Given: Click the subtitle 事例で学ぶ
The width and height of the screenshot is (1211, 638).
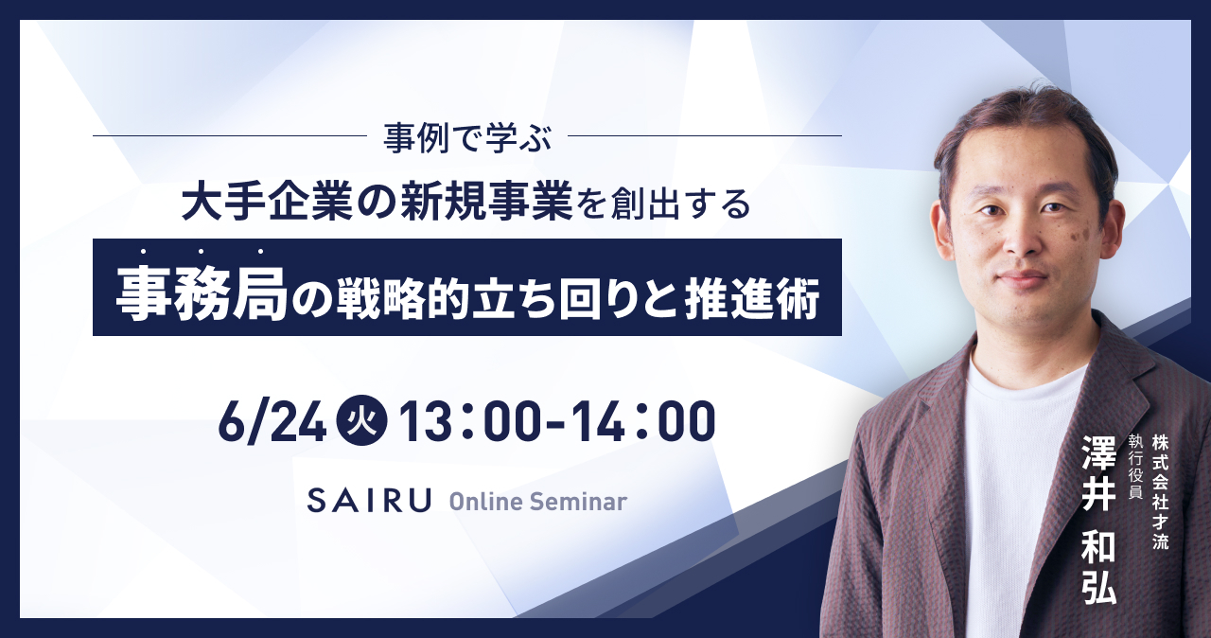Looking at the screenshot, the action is [467, 138].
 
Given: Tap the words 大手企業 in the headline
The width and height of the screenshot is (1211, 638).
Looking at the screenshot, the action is [268, 204].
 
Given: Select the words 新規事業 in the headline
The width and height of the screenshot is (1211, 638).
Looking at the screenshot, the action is [486, 204].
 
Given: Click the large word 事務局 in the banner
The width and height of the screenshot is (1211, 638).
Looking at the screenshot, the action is [202, 294].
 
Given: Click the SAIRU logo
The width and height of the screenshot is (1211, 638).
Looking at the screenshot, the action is [369, 500].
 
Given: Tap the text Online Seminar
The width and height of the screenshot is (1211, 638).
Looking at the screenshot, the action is [538, 501].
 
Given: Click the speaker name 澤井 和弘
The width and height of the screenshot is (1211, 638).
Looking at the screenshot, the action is [1098, 519].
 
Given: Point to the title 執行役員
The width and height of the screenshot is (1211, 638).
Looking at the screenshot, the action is [1134, 466].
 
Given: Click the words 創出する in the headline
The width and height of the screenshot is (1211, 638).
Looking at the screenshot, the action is [680, 206].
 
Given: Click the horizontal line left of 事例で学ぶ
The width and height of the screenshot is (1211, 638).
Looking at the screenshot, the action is [230, 135].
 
